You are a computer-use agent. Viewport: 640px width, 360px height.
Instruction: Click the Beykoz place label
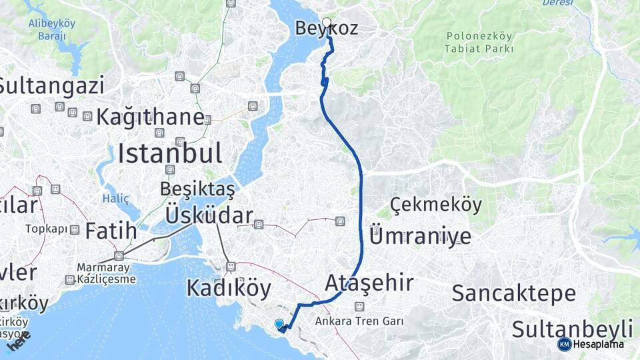[326, 29]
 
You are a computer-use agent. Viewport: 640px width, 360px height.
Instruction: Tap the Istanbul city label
[169, 153]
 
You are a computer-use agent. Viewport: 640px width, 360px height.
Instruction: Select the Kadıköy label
[229, 288]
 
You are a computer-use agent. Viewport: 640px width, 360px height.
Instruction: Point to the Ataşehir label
[369, 283]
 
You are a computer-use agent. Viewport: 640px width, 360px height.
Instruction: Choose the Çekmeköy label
[436, 205]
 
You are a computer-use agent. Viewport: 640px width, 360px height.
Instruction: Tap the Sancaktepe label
[513, 293]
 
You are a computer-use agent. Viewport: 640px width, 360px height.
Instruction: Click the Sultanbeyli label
[572, 328]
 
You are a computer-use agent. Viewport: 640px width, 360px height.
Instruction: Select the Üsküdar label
[209, 215]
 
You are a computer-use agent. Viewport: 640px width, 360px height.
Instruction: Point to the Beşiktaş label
[197, 189]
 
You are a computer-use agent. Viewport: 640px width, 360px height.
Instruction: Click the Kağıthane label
[150, 117]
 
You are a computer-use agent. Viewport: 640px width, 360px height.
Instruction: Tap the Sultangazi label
[52, 85]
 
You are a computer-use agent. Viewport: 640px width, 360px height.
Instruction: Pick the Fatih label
[110, 231]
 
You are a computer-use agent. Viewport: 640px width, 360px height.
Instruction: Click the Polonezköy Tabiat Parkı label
[480, 42]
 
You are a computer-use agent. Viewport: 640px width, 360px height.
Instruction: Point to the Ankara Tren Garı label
[360, 321]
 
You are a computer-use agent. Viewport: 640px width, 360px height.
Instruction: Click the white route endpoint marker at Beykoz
[327, 21]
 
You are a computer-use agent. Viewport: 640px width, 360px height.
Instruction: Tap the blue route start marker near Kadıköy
[279, 323]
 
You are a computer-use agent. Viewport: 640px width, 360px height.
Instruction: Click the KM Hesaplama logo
[591, 344]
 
